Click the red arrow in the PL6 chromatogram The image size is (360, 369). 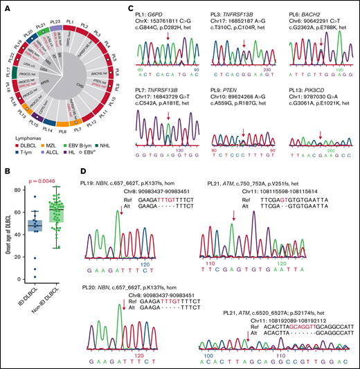coord(320,45)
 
